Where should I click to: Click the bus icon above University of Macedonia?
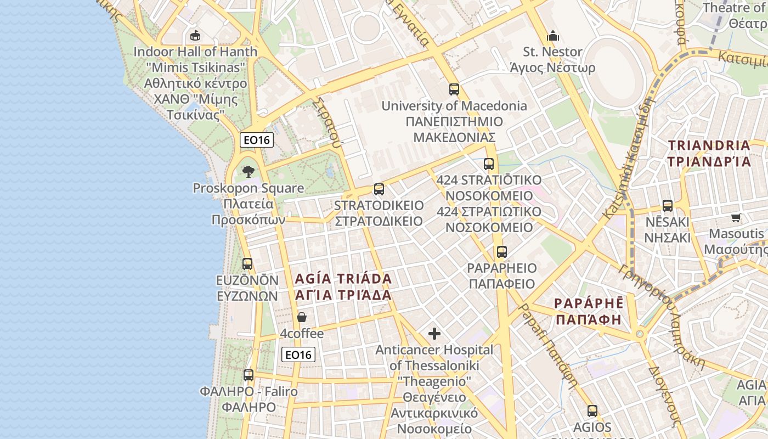coord(454,89)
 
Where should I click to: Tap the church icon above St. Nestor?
coord(552,36)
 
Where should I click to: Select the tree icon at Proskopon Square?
coord(249,171)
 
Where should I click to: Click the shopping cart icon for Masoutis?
coord(736,217)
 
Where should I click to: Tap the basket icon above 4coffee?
coord(301,317)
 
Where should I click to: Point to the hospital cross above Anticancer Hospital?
coord(434,333)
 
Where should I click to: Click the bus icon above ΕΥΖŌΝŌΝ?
coord(247,263)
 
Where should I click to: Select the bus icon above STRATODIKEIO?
coord(379,189)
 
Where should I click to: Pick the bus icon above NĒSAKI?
coord(667,206)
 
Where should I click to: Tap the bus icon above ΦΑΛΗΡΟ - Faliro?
coord(249,375)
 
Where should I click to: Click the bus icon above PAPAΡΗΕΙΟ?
coord(501,252)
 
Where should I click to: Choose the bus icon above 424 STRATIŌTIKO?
coord(488,164)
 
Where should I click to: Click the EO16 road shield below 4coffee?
coord(298,354)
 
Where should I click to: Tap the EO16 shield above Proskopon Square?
coord(257,140)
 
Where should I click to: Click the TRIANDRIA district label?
coord(709,145)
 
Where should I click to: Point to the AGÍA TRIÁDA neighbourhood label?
coord(343,278)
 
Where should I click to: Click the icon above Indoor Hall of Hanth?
coord(195,36)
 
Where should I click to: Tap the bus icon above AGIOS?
coord(592,410)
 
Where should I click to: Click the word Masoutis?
coord(736,233)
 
